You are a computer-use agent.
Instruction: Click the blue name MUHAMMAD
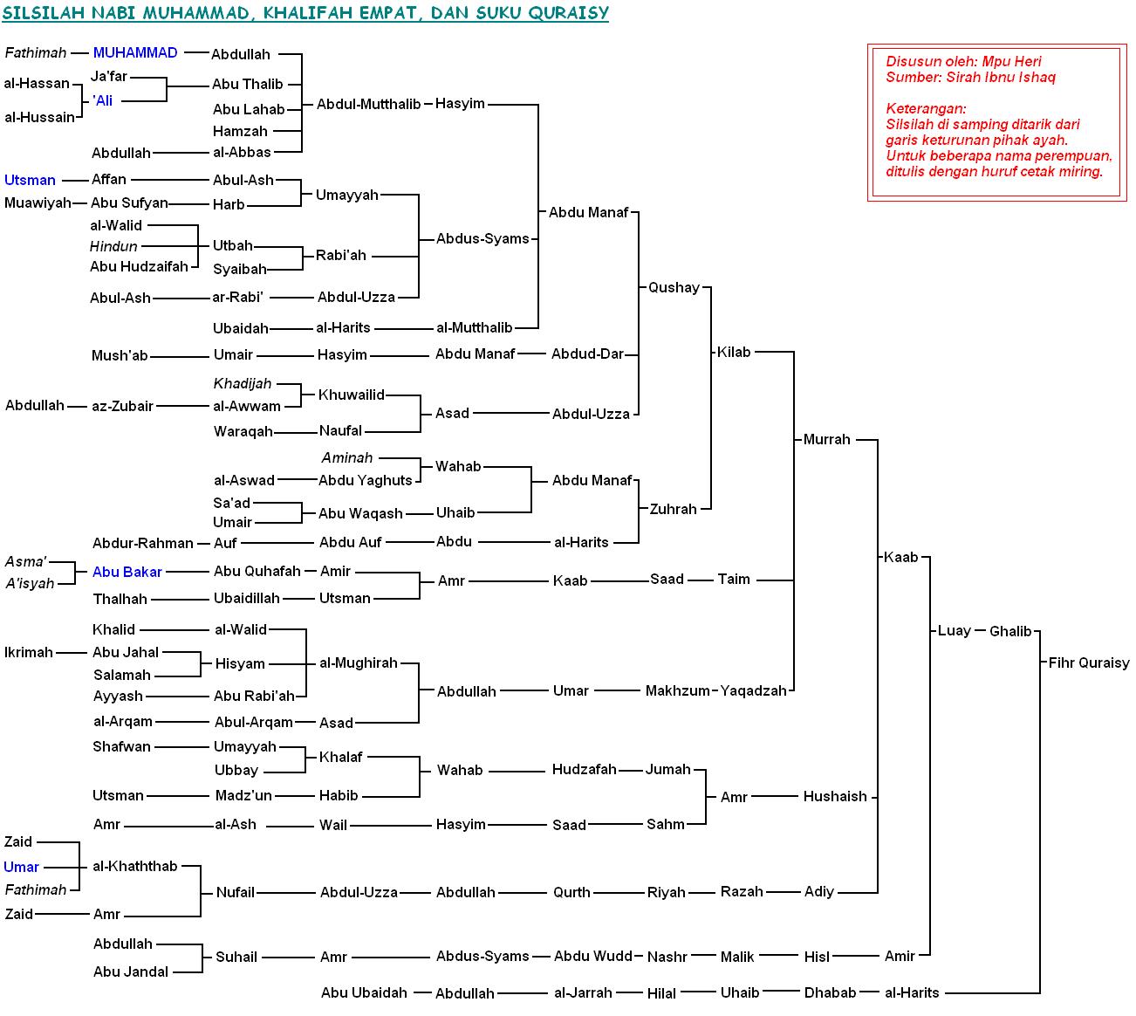135,53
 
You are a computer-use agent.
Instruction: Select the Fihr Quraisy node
1088,662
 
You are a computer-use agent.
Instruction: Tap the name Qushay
674,287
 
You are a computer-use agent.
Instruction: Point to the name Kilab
734,352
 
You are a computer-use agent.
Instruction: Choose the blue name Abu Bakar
127,572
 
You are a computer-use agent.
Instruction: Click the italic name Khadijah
243,383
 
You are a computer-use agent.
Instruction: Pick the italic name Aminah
347,457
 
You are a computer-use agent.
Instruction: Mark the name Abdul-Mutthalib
369,104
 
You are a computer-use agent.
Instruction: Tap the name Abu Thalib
248,84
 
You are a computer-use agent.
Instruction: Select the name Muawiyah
38,203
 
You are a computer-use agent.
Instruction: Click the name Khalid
114,629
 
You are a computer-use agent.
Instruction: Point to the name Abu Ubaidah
364,992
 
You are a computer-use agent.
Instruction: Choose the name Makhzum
678,690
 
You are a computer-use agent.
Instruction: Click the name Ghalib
1010,631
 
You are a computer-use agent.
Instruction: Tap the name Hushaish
835,796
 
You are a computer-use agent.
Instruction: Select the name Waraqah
243,431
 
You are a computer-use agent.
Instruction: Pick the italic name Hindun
113,246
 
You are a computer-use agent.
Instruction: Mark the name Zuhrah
674,509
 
